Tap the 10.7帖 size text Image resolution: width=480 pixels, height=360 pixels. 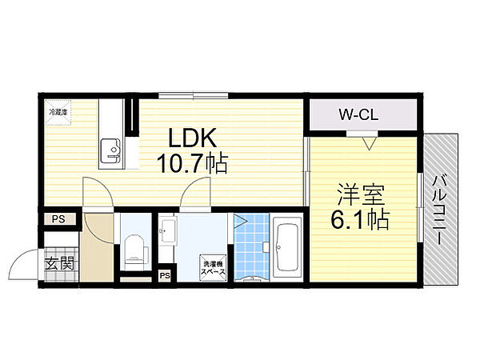tap(192, 164)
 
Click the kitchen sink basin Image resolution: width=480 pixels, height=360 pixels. tap(110, 148)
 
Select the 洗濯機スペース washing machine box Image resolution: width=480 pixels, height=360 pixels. tap(213, 267)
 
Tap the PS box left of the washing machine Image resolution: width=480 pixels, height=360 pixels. tap(165, 275)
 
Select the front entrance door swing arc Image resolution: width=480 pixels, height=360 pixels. tap(26, 265)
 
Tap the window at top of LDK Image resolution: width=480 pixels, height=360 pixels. tap(193, 96)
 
